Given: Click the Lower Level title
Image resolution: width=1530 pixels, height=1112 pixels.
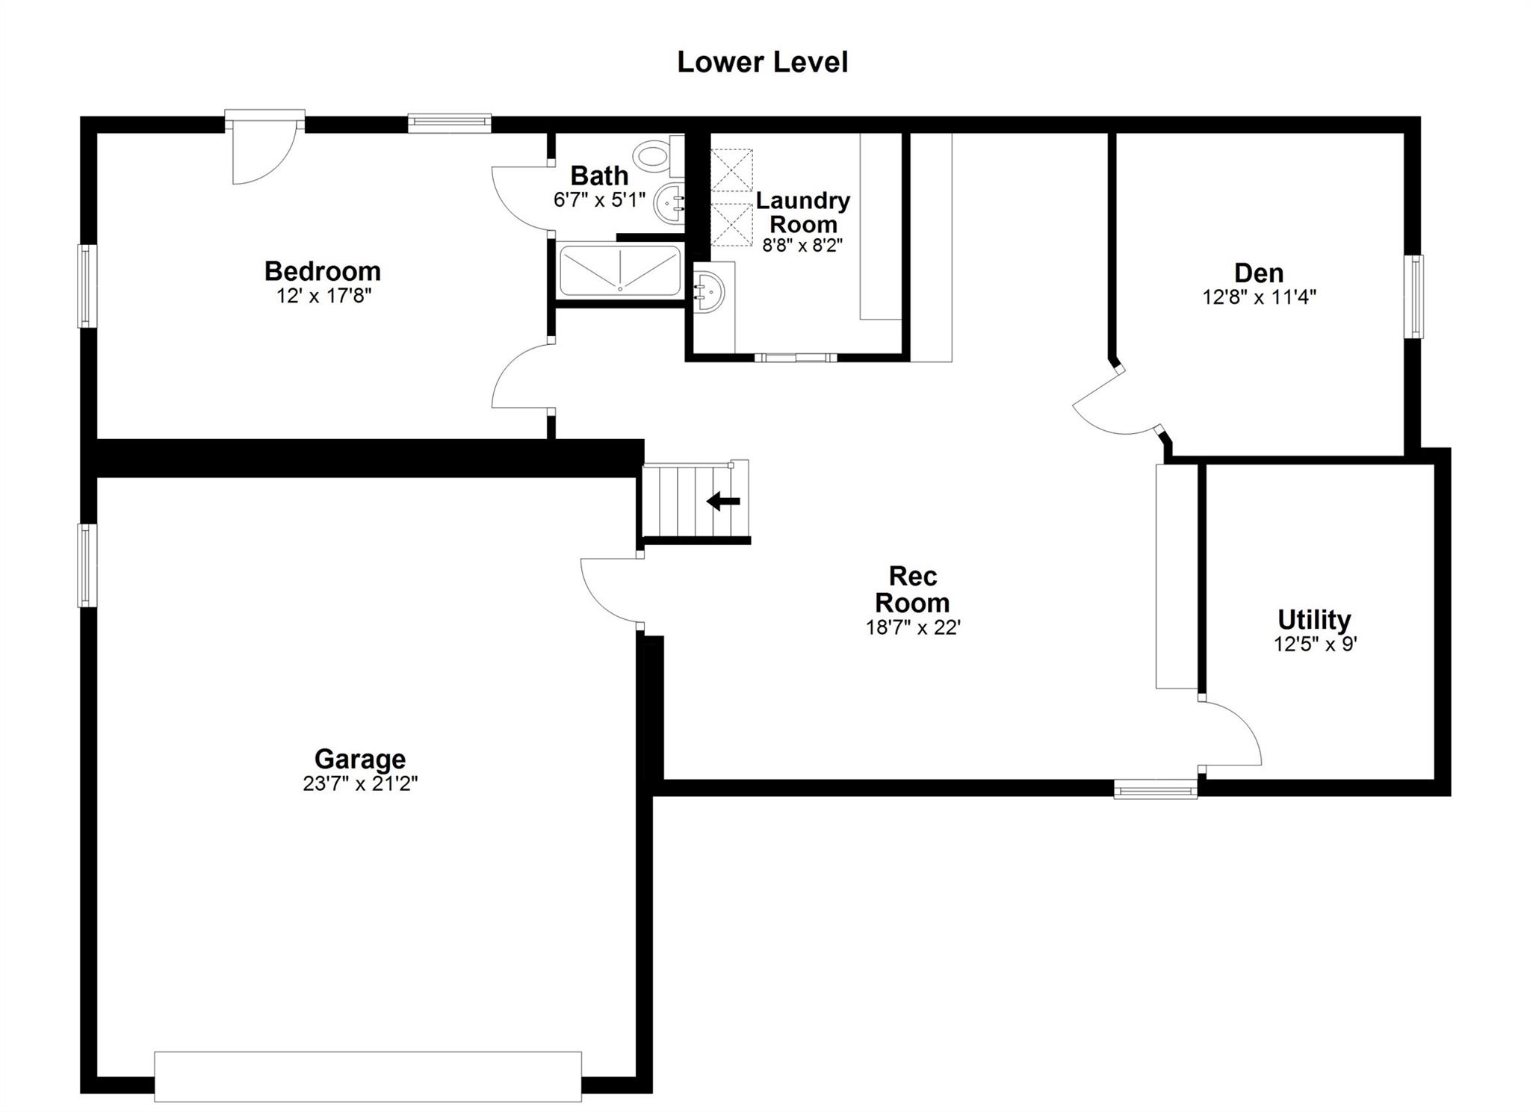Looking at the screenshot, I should pos(762,62).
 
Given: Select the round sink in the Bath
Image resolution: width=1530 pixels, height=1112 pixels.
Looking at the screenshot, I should pos(671,202).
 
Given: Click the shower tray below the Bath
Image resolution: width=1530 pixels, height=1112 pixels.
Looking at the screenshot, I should pos(620,270).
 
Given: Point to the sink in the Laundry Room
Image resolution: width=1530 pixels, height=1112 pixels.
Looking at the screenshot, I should pos(709,291).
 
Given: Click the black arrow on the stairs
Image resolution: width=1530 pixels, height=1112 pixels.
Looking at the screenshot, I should pos(723,501).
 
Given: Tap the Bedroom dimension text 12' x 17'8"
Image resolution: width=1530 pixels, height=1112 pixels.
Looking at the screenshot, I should pos(323,296).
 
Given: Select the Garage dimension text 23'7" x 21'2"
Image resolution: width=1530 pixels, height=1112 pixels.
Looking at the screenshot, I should pos(360,783).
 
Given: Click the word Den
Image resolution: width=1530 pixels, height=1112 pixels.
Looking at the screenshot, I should pos(1259,273).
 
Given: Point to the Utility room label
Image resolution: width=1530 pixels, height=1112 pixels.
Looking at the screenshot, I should pos(1314,620).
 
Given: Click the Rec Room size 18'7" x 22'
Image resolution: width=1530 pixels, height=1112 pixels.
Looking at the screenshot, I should pos(912,627).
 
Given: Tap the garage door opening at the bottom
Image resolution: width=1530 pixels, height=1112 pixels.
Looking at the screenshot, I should pos(368,1076).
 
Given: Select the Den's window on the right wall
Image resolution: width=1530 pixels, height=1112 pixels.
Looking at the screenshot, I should pos(1413,296).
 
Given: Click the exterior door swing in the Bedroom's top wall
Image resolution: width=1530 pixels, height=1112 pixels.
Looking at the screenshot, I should pos(261,153).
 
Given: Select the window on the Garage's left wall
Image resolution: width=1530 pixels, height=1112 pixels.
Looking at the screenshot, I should pos(87,565).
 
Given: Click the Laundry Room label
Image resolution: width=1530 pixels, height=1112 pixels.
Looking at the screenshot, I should pos(803,212).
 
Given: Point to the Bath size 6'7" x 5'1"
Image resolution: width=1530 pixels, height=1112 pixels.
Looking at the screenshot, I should pos(599,200).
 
